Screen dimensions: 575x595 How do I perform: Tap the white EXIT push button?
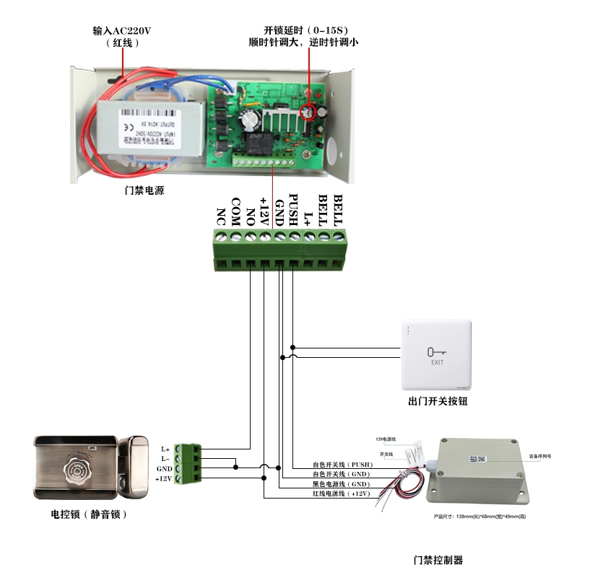pos(437,354)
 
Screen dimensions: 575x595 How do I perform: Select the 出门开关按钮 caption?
pos(437,401)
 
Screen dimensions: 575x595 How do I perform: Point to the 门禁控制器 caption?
pos(438,560)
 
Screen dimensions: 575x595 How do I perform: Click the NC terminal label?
pos(222,215)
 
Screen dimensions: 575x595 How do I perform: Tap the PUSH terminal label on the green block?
pos(293,209)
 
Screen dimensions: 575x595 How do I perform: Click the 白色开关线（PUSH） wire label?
pos(341,465)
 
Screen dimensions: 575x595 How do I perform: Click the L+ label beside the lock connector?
pos(165,449)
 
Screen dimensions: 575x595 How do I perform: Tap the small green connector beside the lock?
pos(190,463)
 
